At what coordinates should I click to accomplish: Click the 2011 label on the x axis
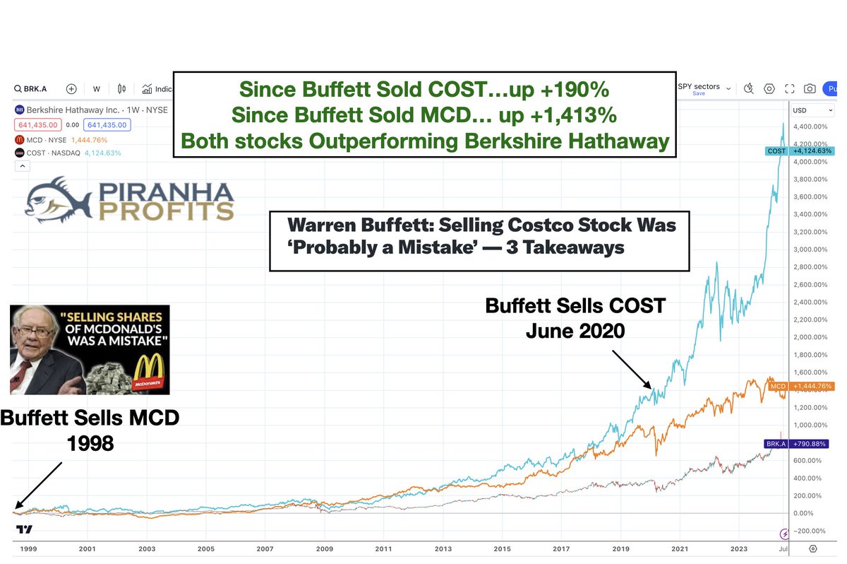pyautogui.click(x=383, y=548)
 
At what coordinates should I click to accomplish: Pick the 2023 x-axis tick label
pyautogui.click(x=738, y=548)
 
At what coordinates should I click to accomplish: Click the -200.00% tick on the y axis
pyautogui.click(x=812, y=531)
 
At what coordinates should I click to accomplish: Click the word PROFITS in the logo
pyautogui.click(x=166, y=211)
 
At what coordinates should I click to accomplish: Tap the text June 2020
pyautogui.click(x=575, y=330)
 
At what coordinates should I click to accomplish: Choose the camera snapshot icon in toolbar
pyautogui.click(x=810, y=89)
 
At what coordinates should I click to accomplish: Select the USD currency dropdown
pyautogui.click(x=812, y=111)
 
